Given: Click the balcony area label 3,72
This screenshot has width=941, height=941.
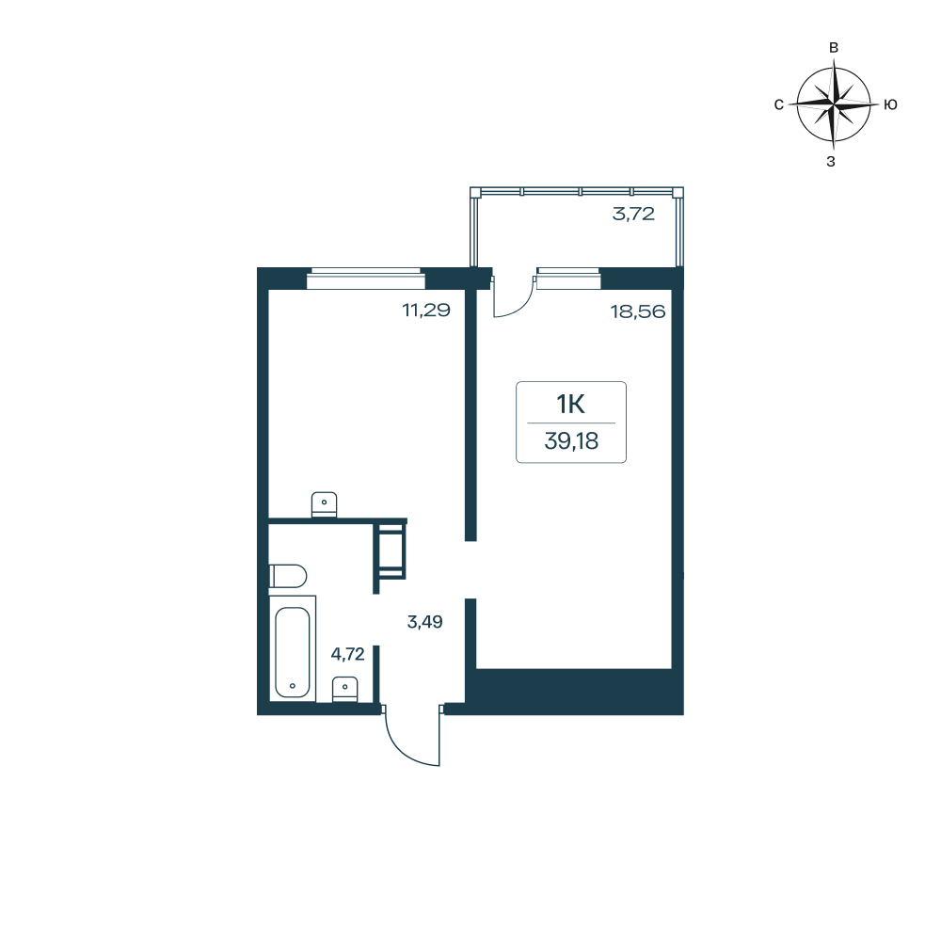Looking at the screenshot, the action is coord(633,214).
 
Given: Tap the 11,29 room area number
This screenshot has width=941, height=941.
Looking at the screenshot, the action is coord(426,311).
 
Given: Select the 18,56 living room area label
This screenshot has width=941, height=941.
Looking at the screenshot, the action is coord(638,311).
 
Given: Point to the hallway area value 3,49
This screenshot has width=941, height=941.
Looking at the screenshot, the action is coord(425,622).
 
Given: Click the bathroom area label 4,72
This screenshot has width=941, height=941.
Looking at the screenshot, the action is coord(347,654).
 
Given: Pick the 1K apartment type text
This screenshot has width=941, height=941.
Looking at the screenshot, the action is coord(571,405).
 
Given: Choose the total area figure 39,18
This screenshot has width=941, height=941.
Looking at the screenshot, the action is coord(571,441).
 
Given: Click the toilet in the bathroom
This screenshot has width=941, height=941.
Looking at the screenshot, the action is coord(288,576).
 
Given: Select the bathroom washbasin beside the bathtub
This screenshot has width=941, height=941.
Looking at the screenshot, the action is coord(345,690).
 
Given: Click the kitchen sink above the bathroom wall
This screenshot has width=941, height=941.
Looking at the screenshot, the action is coord(324,504).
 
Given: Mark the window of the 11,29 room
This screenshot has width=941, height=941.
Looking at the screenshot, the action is coord(365,279).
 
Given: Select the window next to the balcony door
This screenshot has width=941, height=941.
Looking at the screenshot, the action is coord(568,279).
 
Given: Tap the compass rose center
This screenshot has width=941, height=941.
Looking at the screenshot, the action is coord(834,104).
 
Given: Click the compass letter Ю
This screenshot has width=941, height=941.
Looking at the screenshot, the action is coord(890,105).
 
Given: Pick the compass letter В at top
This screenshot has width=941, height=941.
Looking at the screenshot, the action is coord(834,48).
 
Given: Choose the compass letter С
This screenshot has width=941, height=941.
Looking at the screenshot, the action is coord(779,105).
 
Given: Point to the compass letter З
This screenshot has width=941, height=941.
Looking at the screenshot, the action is coord(831,162).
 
